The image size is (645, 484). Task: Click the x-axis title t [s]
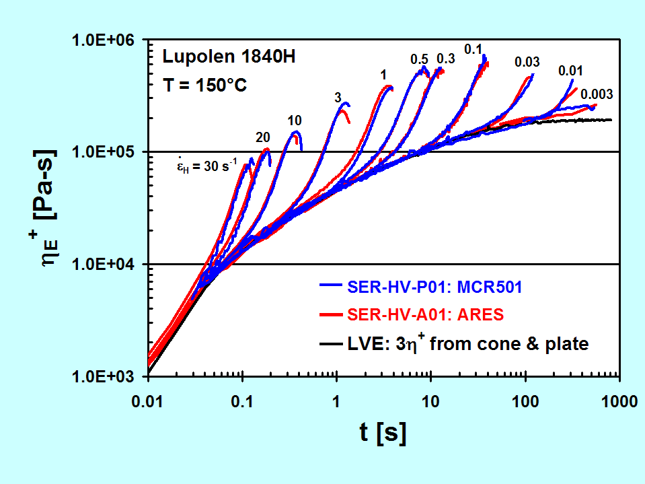pos(383,434)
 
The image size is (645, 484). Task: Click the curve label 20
pos(262,137)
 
